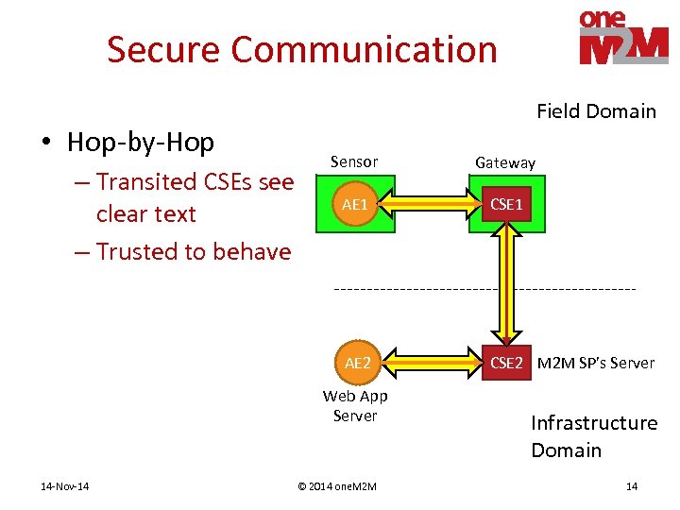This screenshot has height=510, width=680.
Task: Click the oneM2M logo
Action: point(623,38)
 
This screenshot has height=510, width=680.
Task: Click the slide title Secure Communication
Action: point(301,49)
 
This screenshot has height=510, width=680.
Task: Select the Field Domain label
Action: point(596,111)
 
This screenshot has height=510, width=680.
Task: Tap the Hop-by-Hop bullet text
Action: point(141,143)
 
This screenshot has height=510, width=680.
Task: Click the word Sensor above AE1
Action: point(354,162)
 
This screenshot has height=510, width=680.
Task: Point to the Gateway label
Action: point(504,163)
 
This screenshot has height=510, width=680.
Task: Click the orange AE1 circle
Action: point(355,204)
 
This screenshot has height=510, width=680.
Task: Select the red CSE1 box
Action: point(505,204)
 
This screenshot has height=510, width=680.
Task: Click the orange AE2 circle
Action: point(357,363)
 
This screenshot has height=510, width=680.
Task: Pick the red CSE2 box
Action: point(506,363)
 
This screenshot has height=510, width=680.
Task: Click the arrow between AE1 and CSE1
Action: point(431,203)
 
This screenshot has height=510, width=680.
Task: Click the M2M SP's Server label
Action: point(595,363)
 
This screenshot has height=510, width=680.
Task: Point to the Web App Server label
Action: point(355,406)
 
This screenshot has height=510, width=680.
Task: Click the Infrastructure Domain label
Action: point(594,436)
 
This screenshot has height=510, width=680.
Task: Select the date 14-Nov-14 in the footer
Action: point(66,486)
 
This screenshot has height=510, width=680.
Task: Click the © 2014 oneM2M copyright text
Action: point(336,486)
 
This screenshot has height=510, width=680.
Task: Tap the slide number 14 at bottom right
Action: point(632,486)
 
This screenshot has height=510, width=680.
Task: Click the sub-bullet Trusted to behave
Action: point(194,252)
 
